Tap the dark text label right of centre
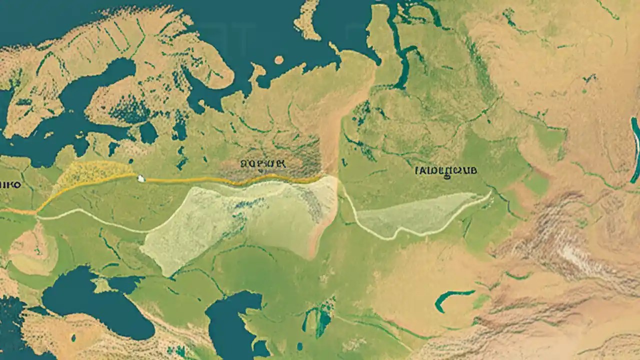446,170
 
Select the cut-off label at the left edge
10,184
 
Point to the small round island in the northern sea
279,60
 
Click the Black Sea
95,305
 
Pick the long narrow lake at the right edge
635,150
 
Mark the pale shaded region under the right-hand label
420,212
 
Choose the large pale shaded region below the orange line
240,220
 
